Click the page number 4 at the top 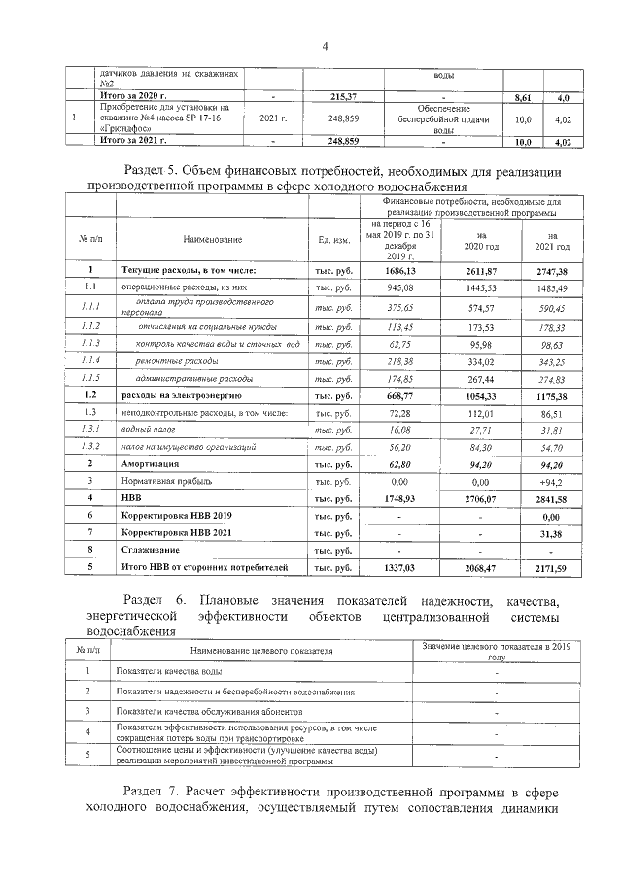325,45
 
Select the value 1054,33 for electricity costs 475,395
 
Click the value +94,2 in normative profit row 552,480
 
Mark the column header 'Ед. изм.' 333,239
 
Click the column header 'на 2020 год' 475,240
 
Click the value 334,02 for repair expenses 475,360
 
